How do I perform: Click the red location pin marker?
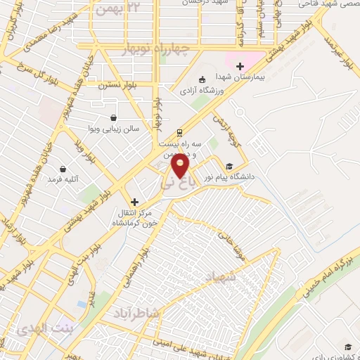(x=180, y=166)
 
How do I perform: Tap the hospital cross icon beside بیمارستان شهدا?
(x=240, y=66)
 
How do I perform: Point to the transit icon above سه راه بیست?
(x=180, y=131)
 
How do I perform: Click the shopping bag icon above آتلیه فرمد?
(x=64, y=169)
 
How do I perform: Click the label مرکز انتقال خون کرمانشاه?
(x=138, y=217)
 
